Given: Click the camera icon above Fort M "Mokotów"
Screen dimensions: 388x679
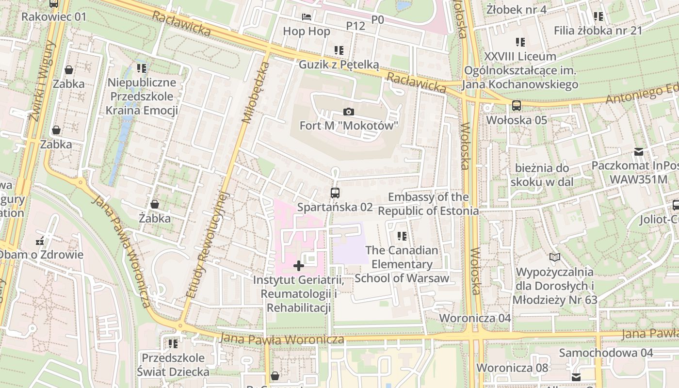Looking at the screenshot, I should pyautogui.click(x=348, y=112).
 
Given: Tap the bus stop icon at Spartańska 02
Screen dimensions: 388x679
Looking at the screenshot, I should pyautogui.click(x=335, y=193).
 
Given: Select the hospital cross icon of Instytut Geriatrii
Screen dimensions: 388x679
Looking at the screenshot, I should pyautogui.click(x=299, y=265).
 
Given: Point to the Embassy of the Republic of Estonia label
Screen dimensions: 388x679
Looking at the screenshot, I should pyautogui.click(x=428, y=204).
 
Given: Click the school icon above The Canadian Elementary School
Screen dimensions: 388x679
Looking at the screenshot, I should pyautogui.click(x=402, y=236).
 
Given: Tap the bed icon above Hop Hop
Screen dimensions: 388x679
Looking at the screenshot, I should pyautogui.click(x=307, y=17).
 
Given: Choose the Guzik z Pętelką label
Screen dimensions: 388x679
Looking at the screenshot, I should pyautogui.click(x=339, y=65).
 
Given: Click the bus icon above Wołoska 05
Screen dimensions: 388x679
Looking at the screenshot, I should pyautogui.click(x=517, y=105).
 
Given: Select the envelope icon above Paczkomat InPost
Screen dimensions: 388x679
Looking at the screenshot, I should pyautogui.click(x=639, y=152).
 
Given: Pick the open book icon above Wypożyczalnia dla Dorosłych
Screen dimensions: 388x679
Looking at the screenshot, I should pyautogui.click(x=555, y=257).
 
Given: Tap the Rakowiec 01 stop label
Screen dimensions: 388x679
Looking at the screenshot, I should pyautogui.click(x=54, y=17).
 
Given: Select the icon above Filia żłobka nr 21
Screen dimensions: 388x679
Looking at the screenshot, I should pyautogui.click(x=598, y=16).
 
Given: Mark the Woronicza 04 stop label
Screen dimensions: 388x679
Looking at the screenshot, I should pyautogui.click(x=475, y=318).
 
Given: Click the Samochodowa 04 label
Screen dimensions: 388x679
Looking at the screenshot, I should pyautogui.click(x=606, y=353).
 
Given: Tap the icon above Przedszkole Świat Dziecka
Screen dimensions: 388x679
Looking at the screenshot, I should pyautogui.click(x=173, y=344).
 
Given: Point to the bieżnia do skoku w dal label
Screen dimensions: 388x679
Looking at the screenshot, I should pyautogui.click(x=542, y=175).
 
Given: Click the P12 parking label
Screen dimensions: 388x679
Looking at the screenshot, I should pyautogui.click(x=356, y=26).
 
